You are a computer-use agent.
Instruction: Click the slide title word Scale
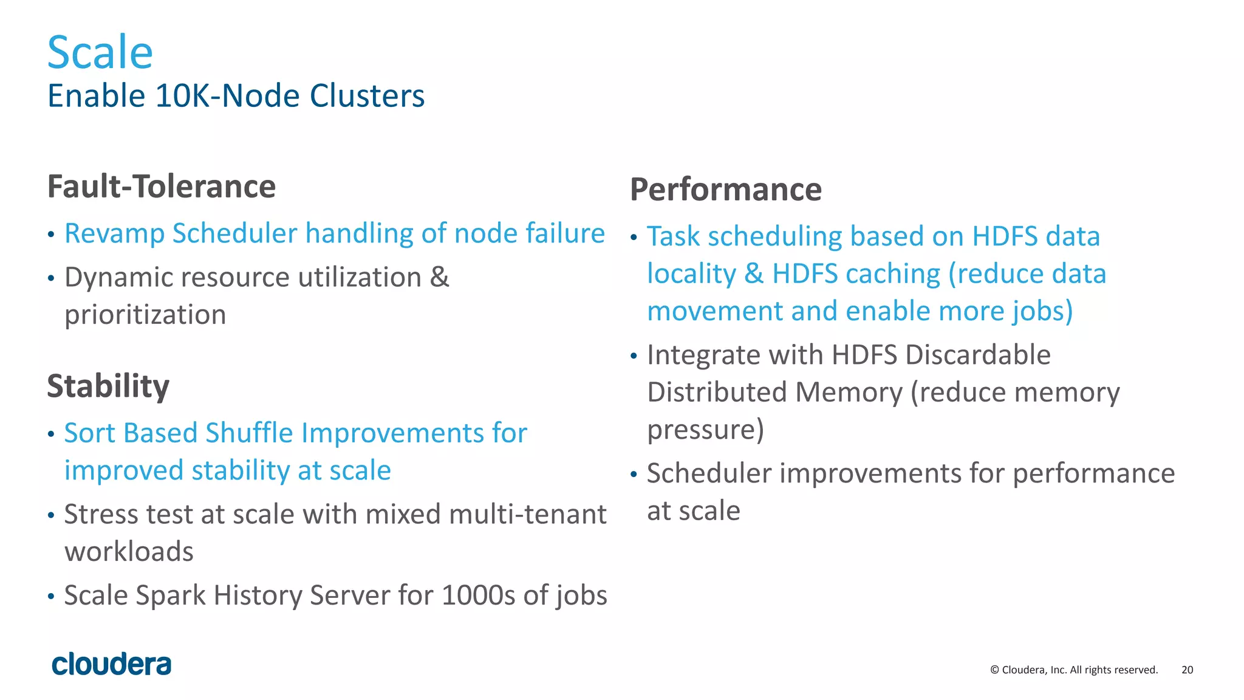click(x=100, y=53)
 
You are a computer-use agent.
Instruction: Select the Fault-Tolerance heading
click(x=162, y=187)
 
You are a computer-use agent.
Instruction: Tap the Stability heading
click(x=108, y=386)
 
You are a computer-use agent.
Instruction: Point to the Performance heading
click(x=726, y=190)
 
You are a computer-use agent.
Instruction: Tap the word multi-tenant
click(x=527, y=515)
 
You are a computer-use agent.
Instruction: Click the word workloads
click(x=129, y=552)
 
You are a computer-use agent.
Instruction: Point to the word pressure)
click(x=705, y=430)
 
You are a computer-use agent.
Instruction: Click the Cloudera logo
click(x=112, y=665)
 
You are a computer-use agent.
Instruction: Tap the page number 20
click(x=1187, y=670)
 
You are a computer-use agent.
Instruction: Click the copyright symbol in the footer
click(x=994, y=670)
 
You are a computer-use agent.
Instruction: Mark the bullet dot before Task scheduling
click(x=634, y=238)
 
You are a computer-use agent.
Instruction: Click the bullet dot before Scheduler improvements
click(x=634, y=475)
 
